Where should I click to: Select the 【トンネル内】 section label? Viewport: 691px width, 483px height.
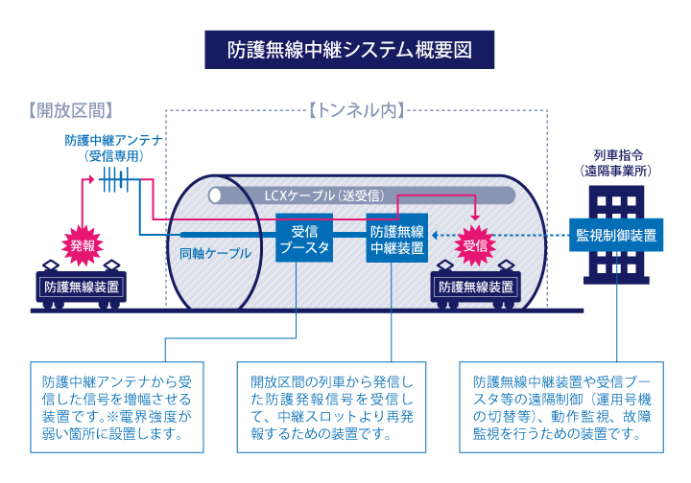click(357, 109)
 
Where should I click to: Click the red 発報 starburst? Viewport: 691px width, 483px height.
click(83, 244)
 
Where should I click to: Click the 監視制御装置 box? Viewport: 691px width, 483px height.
click(616, 235)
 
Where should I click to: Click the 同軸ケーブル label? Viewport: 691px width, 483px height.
click(215, 254)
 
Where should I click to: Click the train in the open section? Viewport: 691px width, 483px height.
click(82, 286)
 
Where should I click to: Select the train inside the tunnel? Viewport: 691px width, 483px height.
click(475, 286)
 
